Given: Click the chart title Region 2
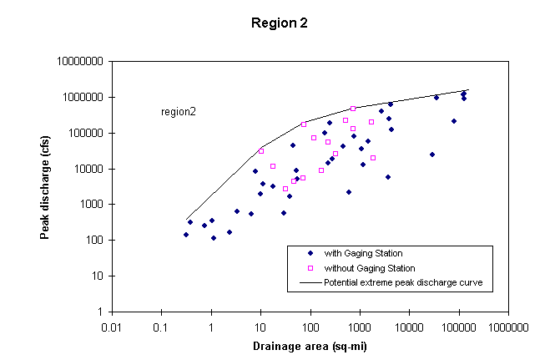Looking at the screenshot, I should click(280, 23).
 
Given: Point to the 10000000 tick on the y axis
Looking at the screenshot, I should click(80, 62).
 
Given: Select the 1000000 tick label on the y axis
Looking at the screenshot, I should click(83, 98).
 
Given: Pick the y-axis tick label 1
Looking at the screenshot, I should click(101, 312).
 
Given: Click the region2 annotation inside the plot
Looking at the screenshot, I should click(178, 111).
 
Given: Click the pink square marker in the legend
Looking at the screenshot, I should click(310, 268).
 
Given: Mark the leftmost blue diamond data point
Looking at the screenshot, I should click(186, 235).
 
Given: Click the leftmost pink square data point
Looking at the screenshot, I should click(261, 151).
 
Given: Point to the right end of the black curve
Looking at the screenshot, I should click(469, 89).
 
